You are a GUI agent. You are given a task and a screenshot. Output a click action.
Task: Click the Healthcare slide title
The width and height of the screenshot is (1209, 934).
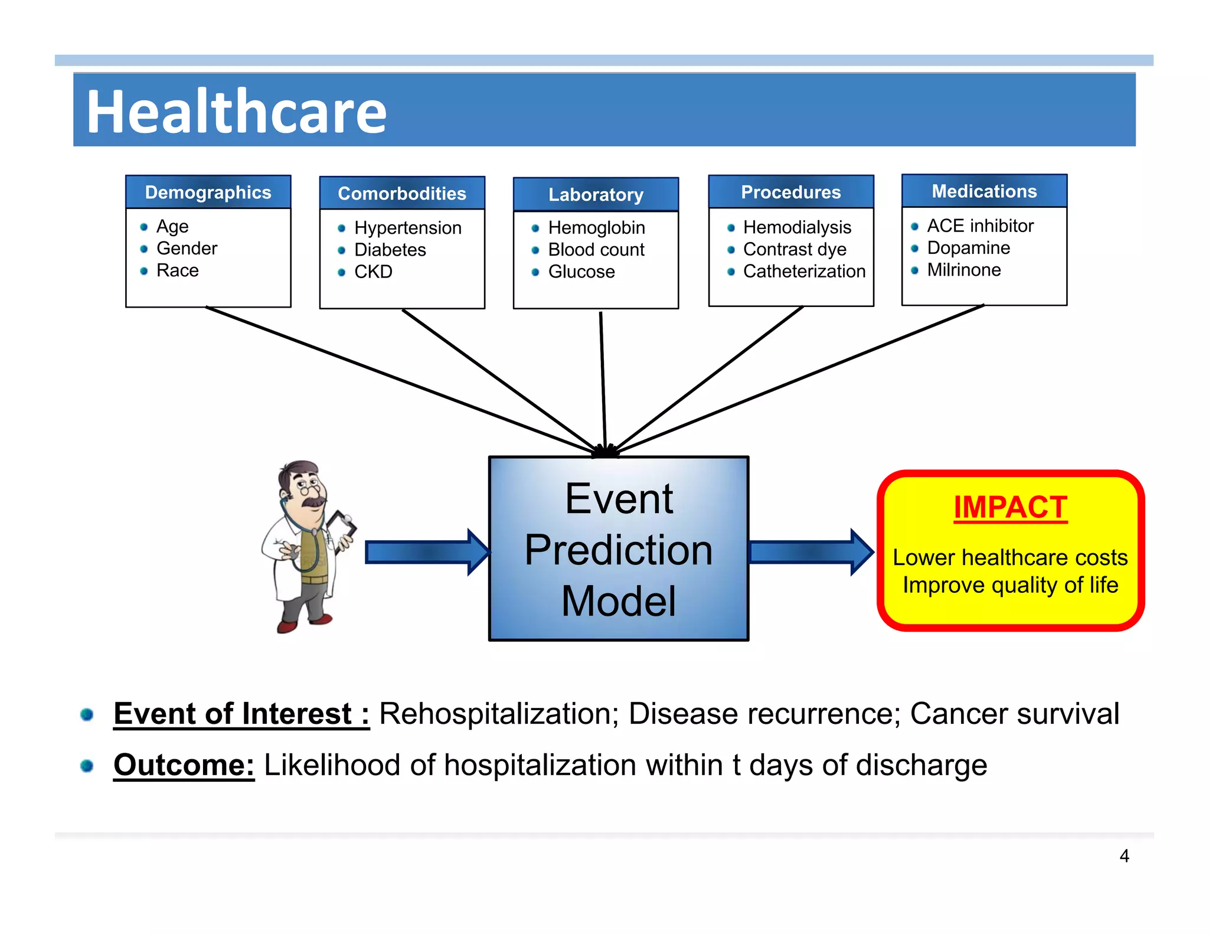point(236,112)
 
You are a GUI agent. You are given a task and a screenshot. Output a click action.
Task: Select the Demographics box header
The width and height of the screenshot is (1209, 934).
point(208,192)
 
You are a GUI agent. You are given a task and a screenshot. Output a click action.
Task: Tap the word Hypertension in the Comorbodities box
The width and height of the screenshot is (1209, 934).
point(407,228)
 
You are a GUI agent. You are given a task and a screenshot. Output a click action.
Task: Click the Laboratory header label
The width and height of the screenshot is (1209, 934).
point(596,195)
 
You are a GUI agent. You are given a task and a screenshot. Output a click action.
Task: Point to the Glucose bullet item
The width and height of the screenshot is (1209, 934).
point(581,272)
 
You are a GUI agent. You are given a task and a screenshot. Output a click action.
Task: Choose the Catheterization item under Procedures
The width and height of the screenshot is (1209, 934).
point(803,271)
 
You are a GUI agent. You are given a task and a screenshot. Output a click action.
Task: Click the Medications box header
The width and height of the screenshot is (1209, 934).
point(984,191)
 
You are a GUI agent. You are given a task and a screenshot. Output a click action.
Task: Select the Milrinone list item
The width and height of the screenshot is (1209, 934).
point(963,270)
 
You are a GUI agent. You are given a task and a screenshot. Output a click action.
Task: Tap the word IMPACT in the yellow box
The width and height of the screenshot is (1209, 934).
point(1010,507)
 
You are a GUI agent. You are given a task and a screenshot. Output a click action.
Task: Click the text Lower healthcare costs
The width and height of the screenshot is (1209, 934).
point(1010,557)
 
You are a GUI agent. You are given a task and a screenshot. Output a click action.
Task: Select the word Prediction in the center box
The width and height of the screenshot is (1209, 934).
point(618,550)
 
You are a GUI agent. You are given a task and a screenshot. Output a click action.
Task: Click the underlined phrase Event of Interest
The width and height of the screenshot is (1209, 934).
point(241,714)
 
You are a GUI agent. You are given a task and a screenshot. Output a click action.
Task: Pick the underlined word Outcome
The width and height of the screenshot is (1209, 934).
point(184,765)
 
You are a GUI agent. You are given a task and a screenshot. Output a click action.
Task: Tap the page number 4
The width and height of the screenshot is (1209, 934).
point(1124,856)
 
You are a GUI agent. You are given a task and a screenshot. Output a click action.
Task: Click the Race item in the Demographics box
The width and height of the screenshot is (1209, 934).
point(177,270)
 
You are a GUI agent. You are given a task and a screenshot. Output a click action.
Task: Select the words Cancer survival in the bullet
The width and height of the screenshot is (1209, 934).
point(1014,714)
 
